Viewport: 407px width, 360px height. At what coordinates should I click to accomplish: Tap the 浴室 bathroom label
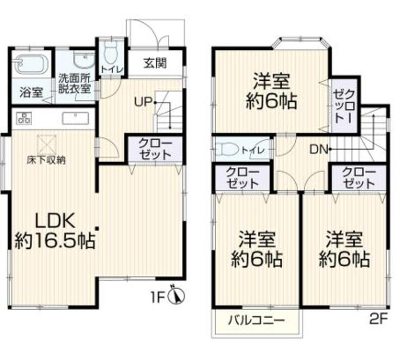coord(31,92)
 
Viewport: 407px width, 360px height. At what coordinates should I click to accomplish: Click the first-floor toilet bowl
coord(111,54)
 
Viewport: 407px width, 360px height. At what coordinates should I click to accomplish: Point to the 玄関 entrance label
coord(155,63)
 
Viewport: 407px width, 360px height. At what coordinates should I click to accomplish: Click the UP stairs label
coord(143,101)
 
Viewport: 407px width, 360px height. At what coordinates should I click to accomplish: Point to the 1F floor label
coord(158,297)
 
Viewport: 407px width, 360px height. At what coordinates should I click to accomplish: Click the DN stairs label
coord(317,149)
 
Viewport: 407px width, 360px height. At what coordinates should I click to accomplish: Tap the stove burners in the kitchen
coord(24,118)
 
